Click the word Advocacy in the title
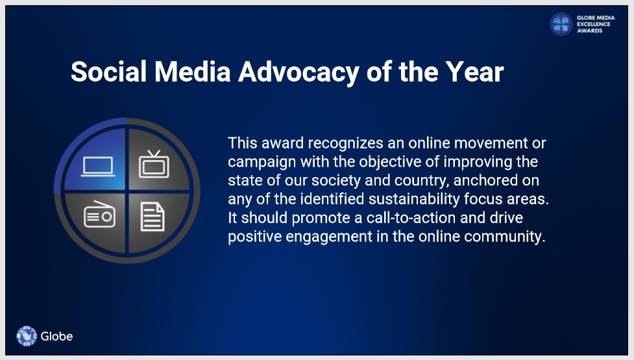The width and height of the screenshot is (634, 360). pyautogui.click(x=299, y=72)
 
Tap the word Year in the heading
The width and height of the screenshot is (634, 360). pyautogui.click(x=475, y=72)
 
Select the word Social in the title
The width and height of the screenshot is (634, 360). pyautogui.click(x=109, y=72)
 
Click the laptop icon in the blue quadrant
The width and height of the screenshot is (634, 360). pyautogui.click(x=98, y=167)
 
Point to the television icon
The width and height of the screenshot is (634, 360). pyautogui.click(x=154, y=164)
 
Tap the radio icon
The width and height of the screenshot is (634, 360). pyautogui.click(x=99, y=214)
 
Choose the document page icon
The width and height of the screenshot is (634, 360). pyautogui.click(x=152, y=217)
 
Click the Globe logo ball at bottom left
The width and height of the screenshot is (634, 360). pyautogui.click(x=27, y=336)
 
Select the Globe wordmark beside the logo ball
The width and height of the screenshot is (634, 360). pyautogui.click(x=56, y=337)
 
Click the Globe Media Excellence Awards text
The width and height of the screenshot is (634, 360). pyautogui.click(x=596, y=24)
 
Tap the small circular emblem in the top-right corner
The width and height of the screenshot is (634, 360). pyautogui.click(x=561, y=24)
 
